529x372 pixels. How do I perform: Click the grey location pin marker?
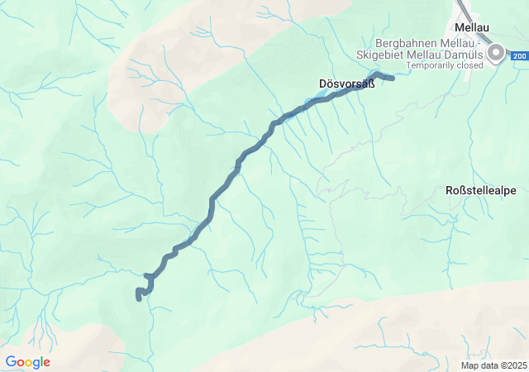coord(496,55)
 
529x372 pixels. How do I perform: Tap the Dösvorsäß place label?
coord(341,83)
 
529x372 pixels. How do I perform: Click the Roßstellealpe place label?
coord(481,190)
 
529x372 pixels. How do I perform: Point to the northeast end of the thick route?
coord(392,79)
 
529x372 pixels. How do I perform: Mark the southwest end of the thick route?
coord(138,297)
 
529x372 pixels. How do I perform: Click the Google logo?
coord(27,362)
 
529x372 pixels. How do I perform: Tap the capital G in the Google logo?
coord(11,362)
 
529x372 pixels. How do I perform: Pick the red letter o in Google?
coord(21,363)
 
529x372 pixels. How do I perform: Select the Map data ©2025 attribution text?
coord(493,365)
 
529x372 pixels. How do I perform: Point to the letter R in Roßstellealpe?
coord(450,190)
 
